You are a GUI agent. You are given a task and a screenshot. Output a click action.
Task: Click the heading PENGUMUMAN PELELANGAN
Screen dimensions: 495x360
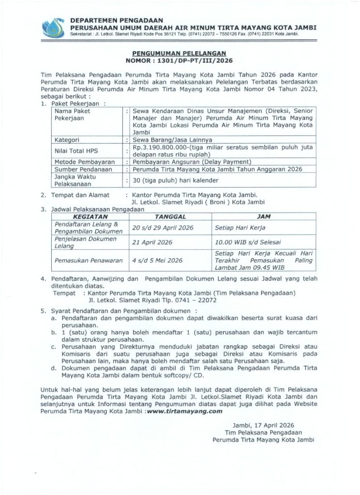(x=179, y=56)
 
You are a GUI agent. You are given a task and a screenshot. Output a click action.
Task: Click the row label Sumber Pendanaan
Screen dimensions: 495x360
(x=77, y=170)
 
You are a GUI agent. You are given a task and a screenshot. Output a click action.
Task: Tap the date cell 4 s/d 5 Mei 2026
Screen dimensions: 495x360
(x=157, y=260)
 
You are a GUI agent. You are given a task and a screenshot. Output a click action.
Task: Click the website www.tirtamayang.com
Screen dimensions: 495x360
(x=184, y=411)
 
